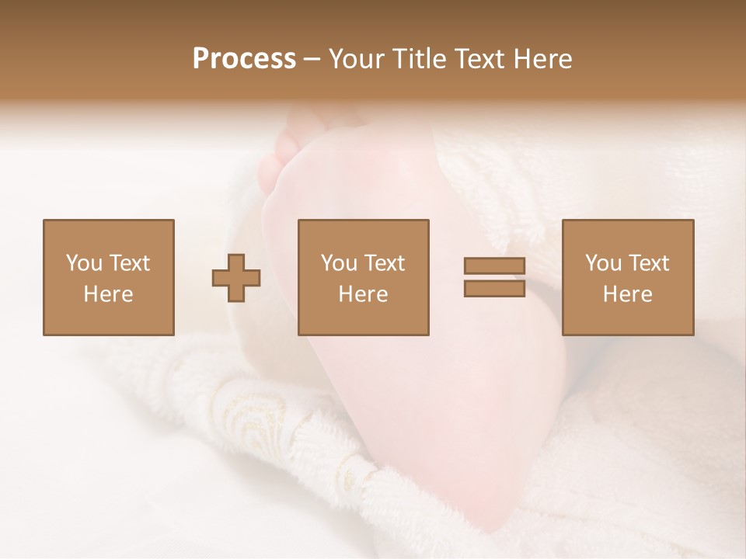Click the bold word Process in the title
(244, 59)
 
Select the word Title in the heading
(419, 59)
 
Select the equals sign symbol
(494, 277)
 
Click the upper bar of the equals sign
(494, 266)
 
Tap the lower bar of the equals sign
(494, 288)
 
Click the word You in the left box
(83, 263)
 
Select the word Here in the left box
(108, 294)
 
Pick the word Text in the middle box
(384, 263)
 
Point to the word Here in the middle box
(363, 294)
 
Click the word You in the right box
(602, 263)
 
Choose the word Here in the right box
(627, 294)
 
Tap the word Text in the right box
(648, 263)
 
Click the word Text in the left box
(129, 263)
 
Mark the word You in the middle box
(338, 263)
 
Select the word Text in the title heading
(477, 59)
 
